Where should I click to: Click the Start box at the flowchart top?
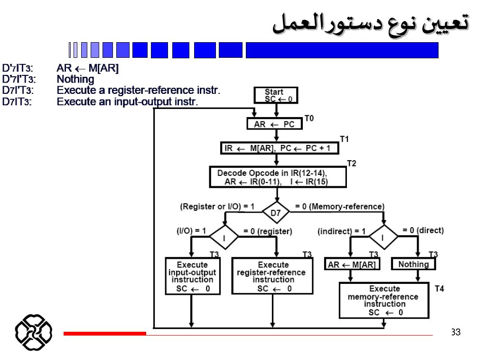[x=275, y=96]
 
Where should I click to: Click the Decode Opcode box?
[x=278, y=177]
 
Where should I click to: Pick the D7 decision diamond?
[x=276, y=213]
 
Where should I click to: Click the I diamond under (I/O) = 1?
[x=224, y=237]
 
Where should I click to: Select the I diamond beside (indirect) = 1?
[x=383, y=237]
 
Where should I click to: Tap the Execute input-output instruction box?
[x=193, y=276]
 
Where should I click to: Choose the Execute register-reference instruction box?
[x=271, y=276]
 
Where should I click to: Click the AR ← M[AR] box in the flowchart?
[x=351, y=264]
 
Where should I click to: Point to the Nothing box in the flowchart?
[x=413, y=264]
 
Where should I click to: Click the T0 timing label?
[x=309, y=118]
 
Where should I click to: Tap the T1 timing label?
[x=344, y=139]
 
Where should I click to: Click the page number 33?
[x=456, y=332]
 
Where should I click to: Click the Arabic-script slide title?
[x=371, y=22]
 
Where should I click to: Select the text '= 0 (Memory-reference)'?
[x=339, y=207]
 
